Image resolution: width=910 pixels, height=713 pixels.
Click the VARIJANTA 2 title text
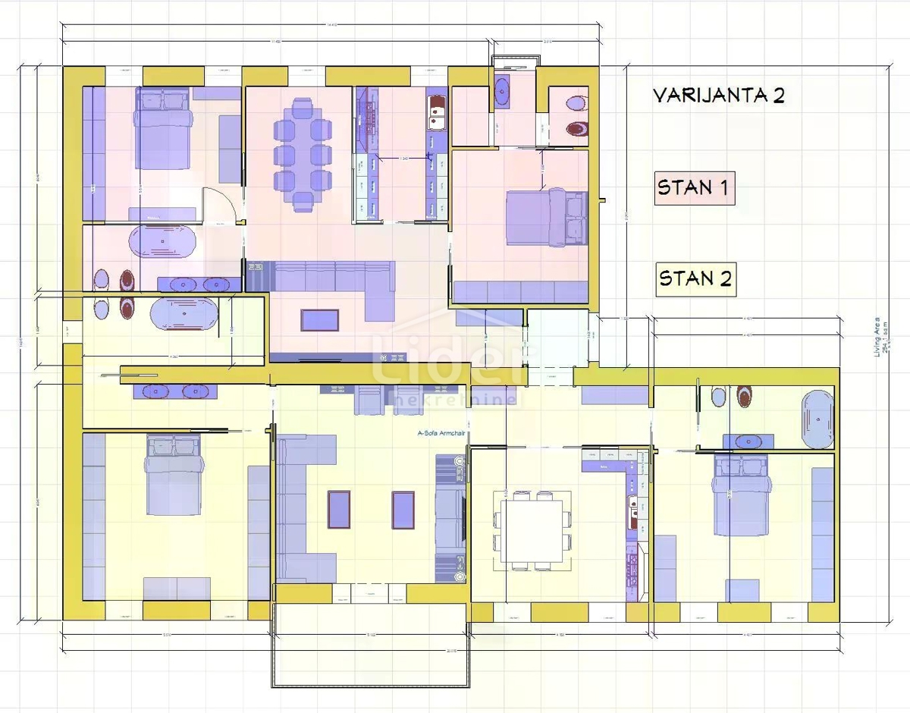click(718, 96)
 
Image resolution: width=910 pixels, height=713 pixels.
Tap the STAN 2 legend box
click(695, 278)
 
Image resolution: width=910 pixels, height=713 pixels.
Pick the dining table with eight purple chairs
click(302, 154)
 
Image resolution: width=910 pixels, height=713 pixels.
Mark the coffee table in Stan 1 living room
click(320, 320)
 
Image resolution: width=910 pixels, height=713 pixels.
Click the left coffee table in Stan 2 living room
click(338, 510)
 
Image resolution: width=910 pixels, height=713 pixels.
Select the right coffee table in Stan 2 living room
click(403, 510)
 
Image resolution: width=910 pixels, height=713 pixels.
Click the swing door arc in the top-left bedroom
click(218, 203)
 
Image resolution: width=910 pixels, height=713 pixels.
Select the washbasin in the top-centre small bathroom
click(503, 93)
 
